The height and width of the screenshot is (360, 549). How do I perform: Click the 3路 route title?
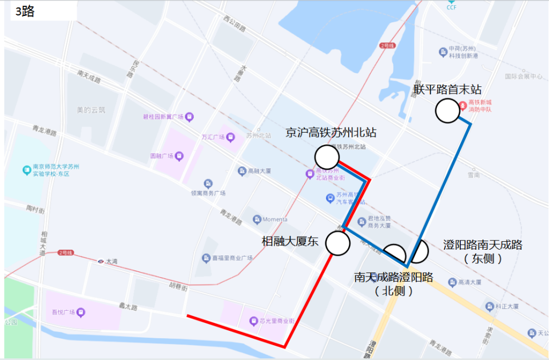[25, 11]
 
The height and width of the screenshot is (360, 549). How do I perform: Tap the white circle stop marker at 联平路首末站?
[447, 111]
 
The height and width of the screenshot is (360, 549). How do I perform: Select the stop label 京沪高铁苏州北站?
[331, 133]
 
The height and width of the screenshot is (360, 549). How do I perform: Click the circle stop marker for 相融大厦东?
[337, 243]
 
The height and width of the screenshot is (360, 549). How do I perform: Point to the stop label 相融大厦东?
[290, 241]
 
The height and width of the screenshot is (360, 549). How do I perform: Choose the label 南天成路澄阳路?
[393, 278]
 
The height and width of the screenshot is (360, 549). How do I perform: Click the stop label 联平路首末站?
[448, 90]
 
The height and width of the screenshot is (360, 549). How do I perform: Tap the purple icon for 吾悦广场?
[81, 312]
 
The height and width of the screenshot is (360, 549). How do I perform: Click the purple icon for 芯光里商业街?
[253, 321]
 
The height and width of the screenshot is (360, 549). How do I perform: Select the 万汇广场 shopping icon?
[230, 137]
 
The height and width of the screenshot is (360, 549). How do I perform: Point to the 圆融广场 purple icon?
[179, 155]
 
